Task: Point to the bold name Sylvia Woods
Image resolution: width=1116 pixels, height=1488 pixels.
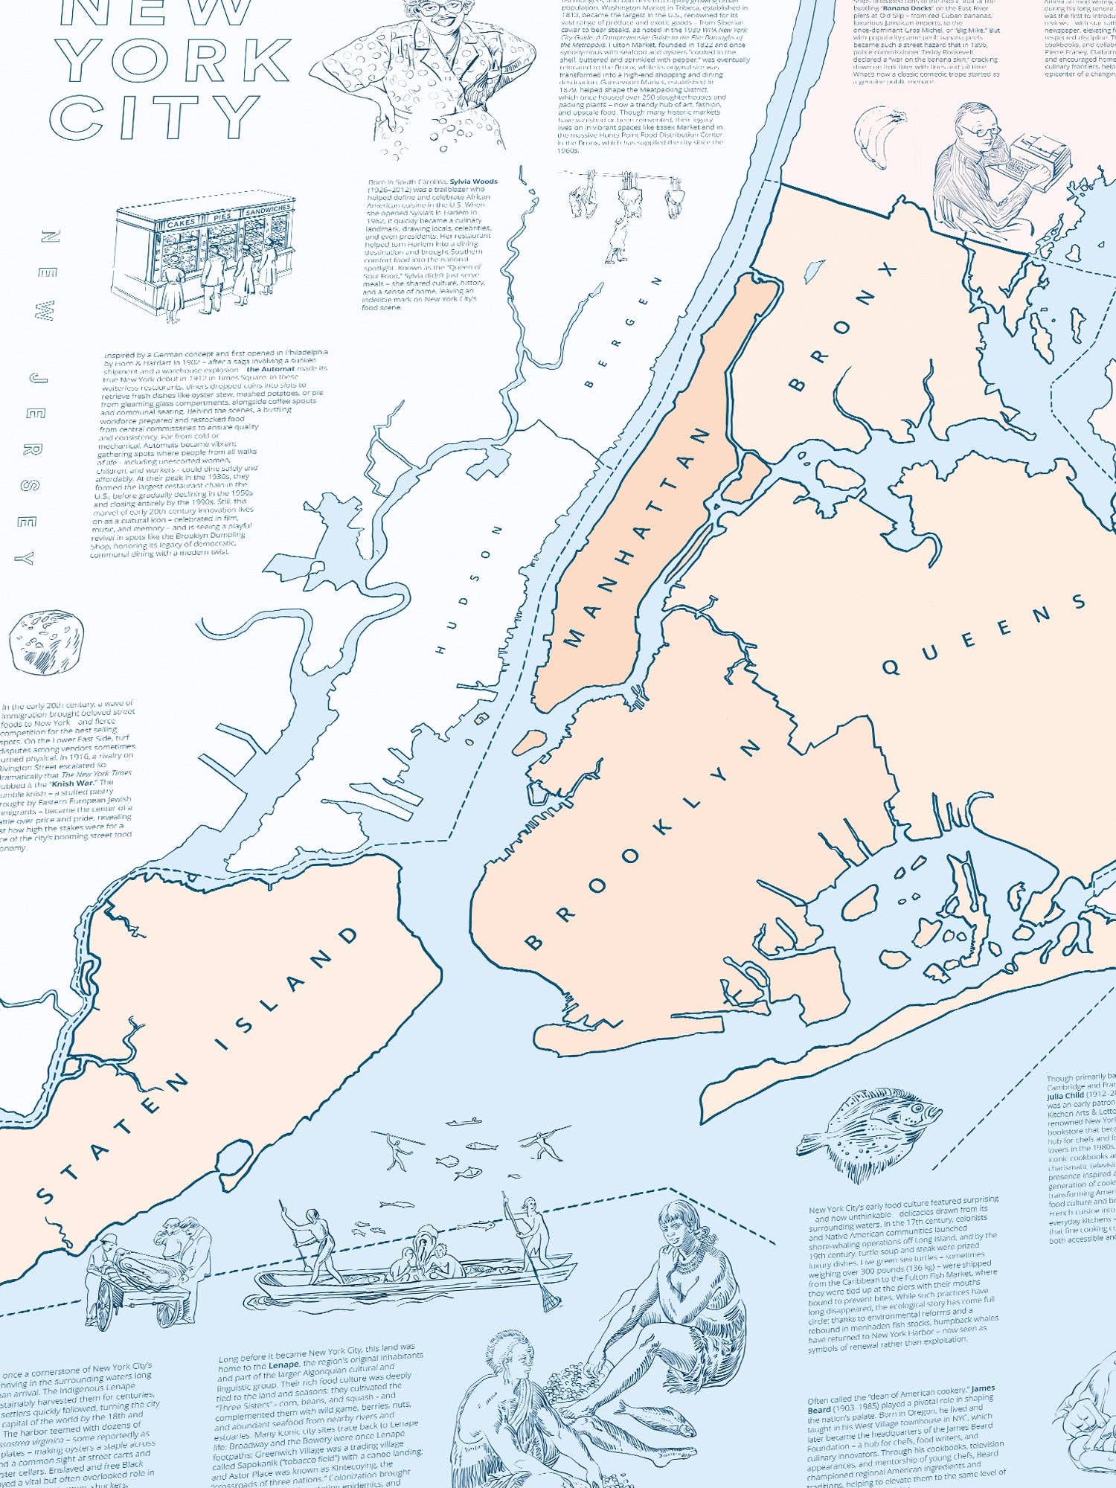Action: pyautogui.click(x=474, y=182)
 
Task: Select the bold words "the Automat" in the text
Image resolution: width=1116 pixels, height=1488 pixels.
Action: pyautogui.click(x=270, y=369)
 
